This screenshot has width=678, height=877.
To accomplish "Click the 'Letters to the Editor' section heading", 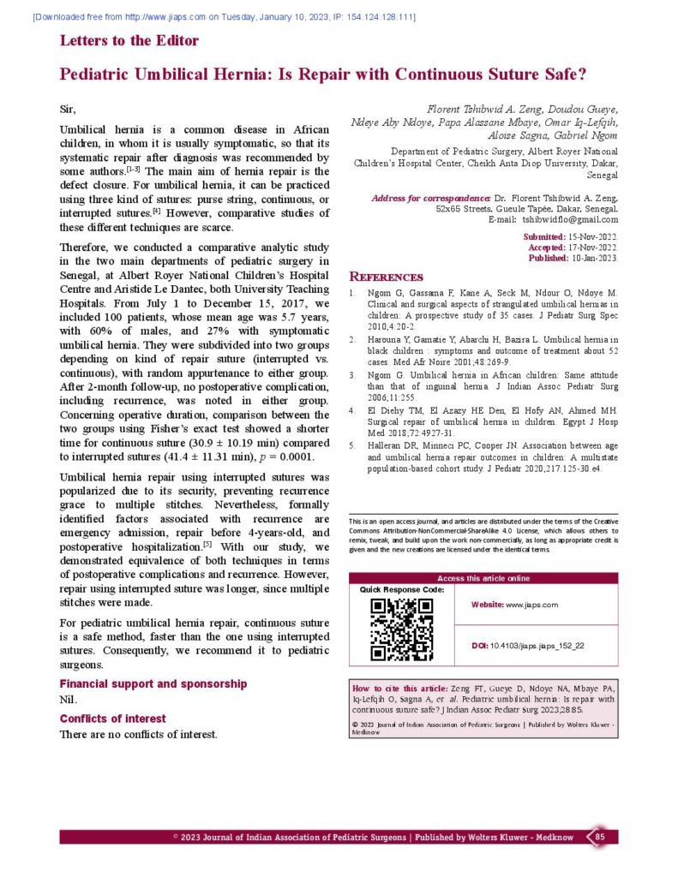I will click(129, 40).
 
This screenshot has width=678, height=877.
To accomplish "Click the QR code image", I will click(400, 629).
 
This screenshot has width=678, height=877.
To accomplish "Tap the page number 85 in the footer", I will click(600, 836).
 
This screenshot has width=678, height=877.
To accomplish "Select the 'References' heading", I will click(386, 277).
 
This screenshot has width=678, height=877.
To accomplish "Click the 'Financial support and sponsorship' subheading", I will click(153, 684).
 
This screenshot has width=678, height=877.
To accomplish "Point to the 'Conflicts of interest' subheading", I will click(112, 719).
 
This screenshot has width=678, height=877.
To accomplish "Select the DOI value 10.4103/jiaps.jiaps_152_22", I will click(537, 646).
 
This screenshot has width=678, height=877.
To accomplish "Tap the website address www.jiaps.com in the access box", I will click(531, 605).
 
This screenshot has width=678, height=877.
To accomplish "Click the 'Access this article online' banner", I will click(483, 578).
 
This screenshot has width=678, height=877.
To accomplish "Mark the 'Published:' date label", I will click(546, 258).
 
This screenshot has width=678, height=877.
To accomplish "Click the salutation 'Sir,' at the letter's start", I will click(68, 110).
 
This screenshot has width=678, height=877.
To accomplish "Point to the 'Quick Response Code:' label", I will click(402, 589).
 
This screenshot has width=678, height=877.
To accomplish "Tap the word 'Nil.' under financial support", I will click(68, 701).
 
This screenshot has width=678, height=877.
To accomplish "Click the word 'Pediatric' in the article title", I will click(95, 75).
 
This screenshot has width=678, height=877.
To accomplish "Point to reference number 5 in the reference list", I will click(353, 446).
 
